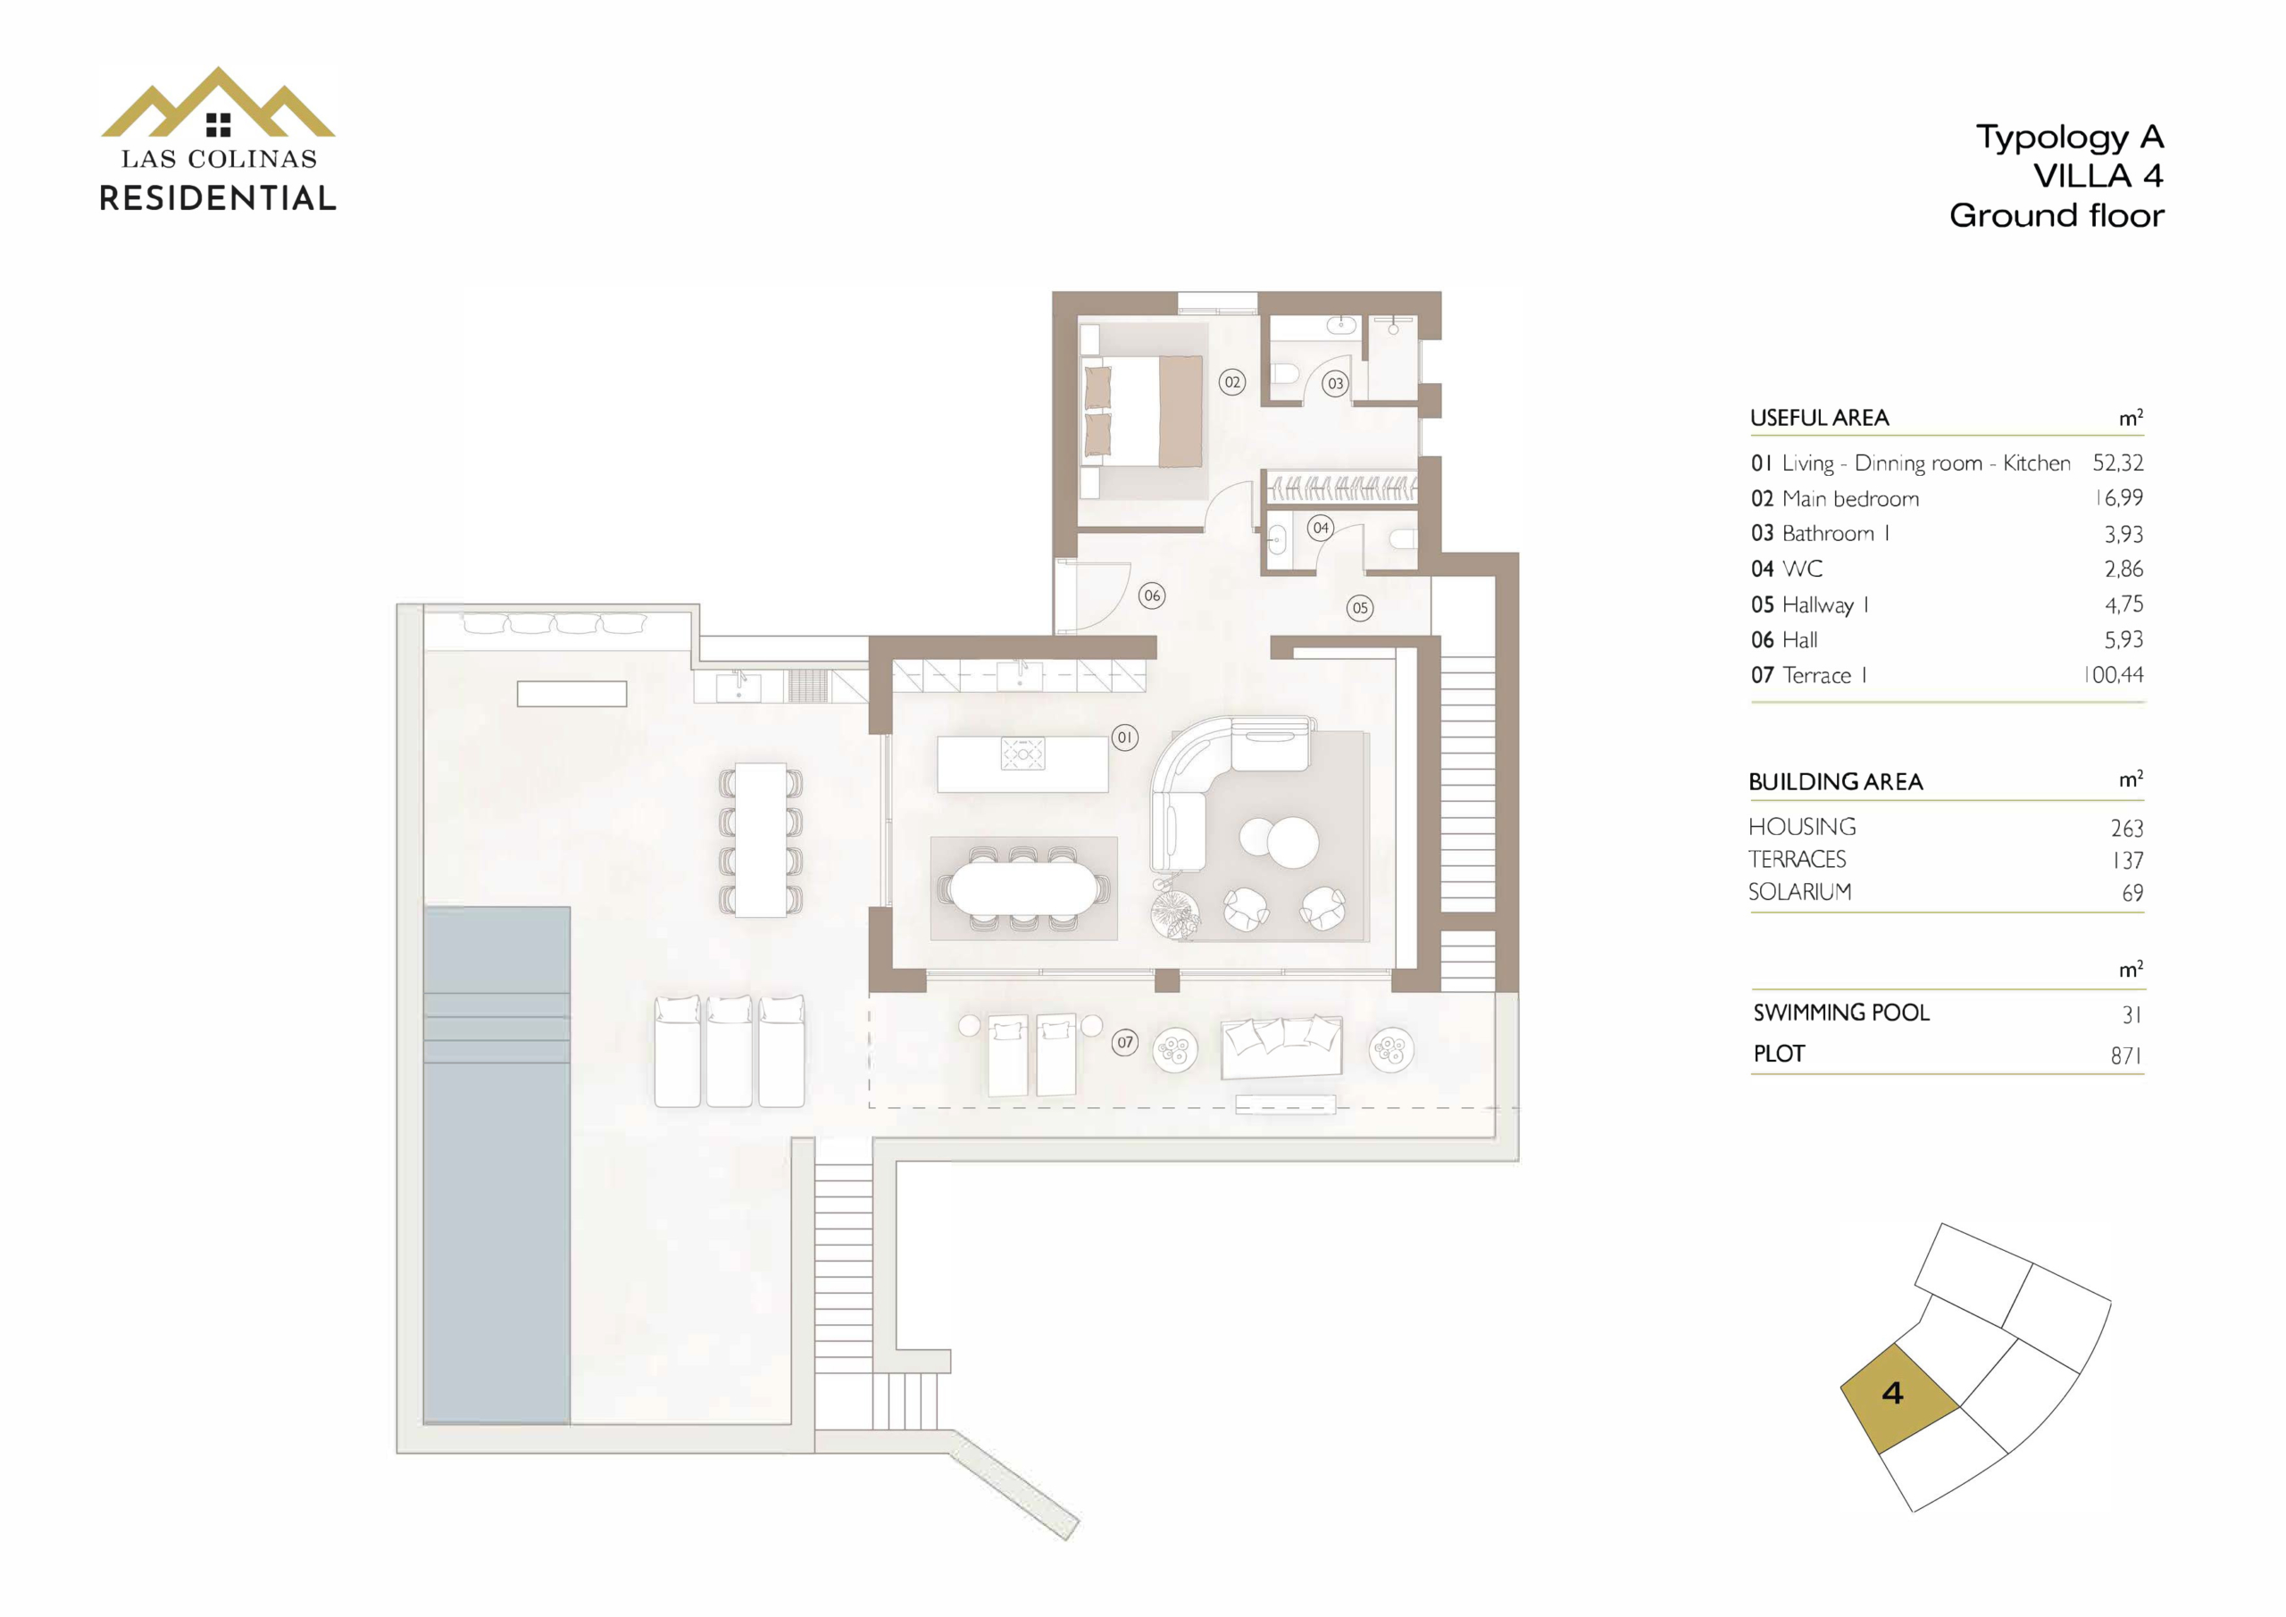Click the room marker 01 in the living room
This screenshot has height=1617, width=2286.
(x=1124, y=738)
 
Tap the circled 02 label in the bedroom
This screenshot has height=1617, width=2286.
(x=1232, y=382)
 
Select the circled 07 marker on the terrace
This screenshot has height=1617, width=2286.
(x=1125, y=1043)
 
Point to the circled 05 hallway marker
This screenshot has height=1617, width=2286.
(x=1360, y=607)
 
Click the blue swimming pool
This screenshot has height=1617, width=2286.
(x=496, y=1165)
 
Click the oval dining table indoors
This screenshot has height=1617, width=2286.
(x=1022, y=888)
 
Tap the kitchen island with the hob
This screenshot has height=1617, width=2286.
(x=1022, y=763)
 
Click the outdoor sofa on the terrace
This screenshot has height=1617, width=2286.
(x=1281, y=1046)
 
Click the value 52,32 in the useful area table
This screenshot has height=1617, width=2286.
(x=2118, y=463)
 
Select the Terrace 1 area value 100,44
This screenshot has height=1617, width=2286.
(x=2114, y=675)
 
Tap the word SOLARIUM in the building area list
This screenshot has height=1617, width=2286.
(x=1800, y=892)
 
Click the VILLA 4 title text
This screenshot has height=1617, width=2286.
(x=2098, y=176)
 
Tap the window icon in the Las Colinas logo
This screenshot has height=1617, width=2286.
(x=218, y=124)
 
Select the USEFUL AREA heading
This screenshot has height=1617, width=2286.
(x=1819, y=418)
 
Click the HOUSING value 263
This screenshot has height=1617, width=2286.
(x=2127, y=829)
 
